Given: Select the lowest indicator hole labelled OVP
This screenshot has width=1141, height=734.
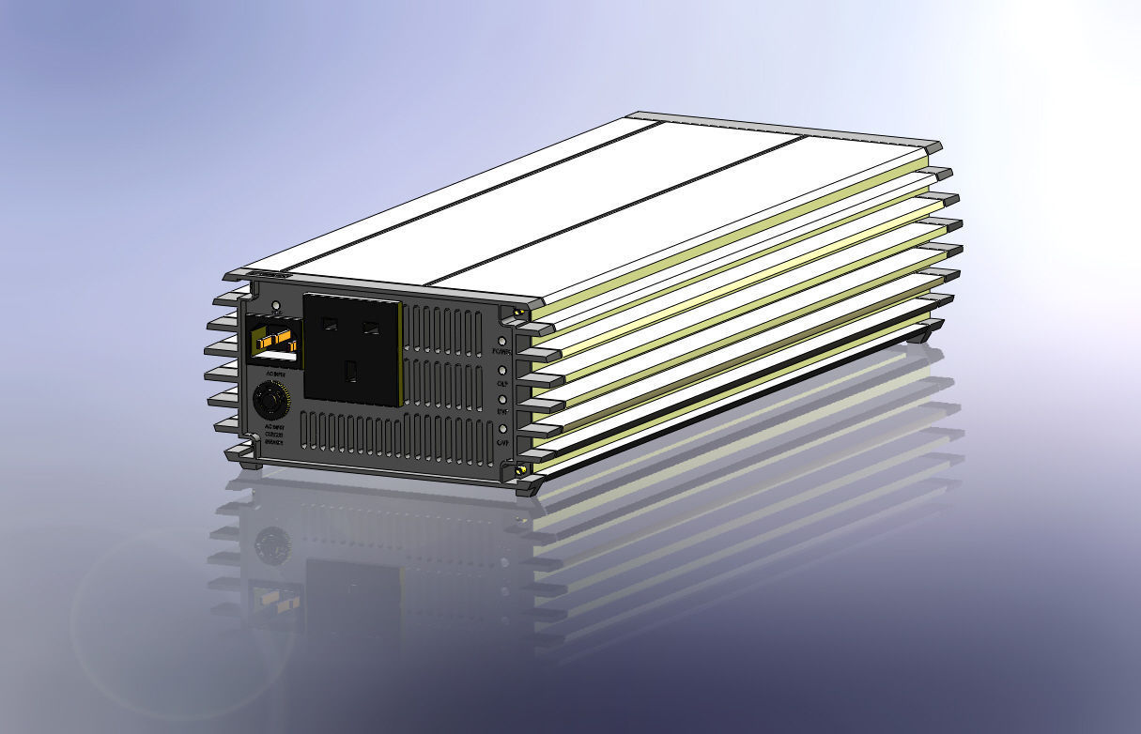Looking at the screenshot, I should pos(502,429).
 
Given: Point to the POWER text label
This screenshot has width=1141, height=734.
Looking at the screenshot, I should pos(501,352).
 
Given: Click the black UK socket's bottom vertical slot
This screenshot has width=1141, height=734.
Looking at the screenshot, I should pos(350,372).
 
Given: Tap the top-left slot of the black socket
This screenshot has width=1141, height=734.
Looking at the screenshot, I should pos(330,324).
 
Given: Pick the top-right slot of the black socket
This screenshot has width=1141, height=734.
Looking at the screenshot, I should pos(372,328).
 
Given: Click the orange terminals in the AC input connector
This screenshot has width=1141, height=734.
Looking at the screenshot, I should pos(273,338).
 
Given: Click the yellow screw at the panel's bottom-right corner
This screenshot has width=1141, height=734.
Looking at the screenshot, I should pos(519,468).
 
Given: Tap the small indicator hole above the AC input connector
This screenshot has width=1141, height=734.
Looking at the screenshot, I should pos(275,306).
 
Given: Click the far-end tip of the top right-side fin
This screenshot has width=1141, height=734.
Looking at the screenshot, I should pos(935,147).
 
